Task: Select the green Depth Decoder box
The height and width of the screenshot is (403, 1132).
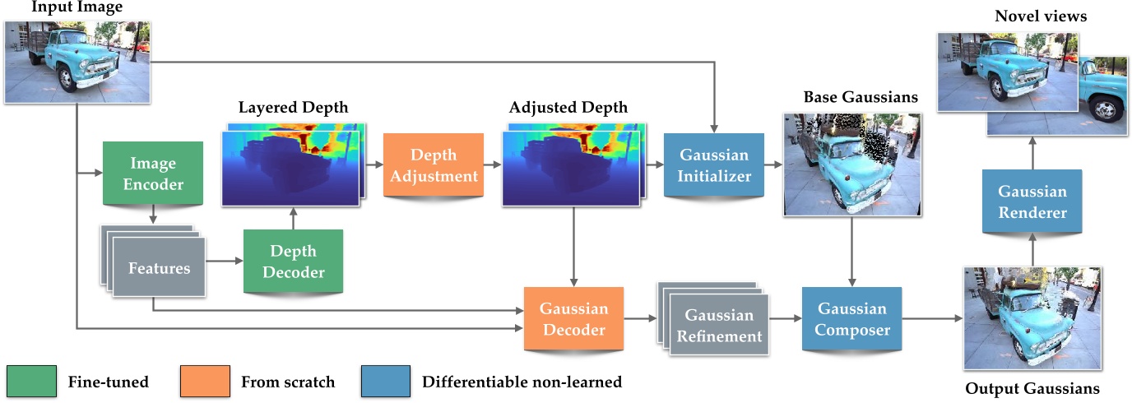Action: pos(292,262)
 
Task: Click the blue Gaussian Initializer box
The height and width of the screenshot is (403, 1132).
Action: pos(714,164)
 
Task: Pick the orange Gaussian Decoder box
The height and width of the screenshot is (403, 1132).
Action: pos(573,320)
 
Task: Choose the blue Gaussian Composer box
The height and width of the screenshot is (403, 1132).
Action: pos(851,319)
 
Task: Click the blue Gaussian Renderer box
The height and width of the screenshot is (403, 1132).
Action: pos(1032,202)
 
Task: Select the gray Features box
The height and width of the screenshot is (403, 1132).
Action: pos(159,268)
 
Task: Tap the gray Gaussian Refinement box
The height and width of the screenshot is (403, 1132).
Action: pos(719,326)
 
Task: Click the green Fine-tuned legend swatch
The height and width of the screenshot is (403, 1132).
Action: pos(30,382)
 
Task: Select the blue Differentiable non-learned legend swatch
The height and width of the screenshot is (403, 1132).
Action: pos(385,382)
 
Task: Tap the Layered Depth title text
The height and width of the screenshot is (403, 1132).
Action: pos(293,108)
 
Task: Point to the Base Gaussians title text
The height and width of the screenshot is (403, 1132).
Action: pos(861,98)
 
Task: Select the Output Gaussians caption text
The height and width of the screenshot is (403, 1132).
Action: pos(1032,388)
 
